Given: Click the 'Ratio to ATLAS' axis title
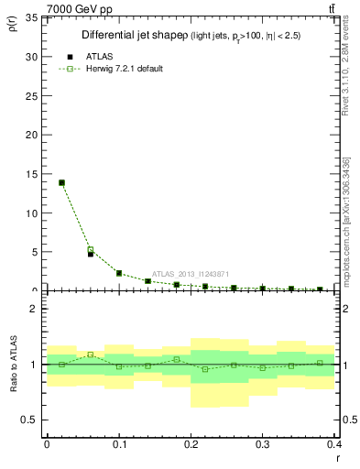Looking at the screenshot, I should pos(13,365).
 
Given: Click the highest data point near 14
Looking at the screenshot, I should pos(61,182).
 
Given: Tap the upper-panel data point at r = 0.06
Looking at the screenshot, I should pos(91,252).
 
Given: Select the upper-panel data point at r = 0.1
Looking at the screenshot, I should pos(119,273).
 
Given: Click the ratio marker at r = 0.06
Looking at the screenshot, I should pos(91,354).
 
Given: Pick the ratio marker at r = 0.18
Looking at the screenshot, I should pos(177,359).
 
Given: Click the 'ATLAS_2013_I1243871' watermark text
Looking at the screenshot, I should pos(191,273).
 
